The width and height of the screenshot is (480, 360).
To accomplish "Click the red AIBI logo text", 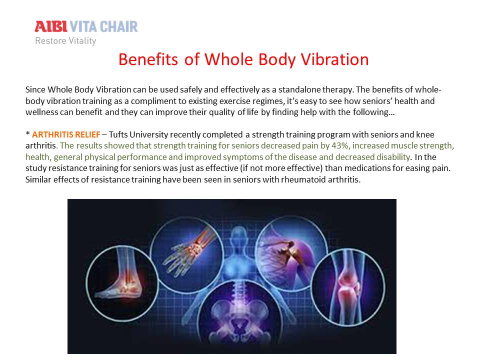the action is pos(51,26).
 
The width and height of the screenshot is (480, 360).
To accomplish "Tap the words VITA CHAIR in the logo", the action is pos(104,26).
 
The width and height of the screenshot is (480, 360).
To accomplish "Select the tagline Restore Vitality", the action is pos(65,40).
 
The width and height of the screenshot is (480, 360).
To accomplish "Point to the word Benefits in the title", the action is pos(148,59).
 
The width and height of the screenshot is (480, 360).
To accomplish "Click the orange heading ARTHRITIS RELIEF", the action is pos(66,134).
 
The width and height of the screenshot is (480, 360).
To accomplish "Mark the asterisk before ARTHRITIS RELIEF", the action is pos(28,133).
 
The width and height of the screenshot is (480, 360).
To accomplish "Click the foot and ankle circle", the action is pos(122,283).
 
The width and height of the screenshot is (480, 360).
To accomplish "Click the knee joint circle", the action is pos(348,287).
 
